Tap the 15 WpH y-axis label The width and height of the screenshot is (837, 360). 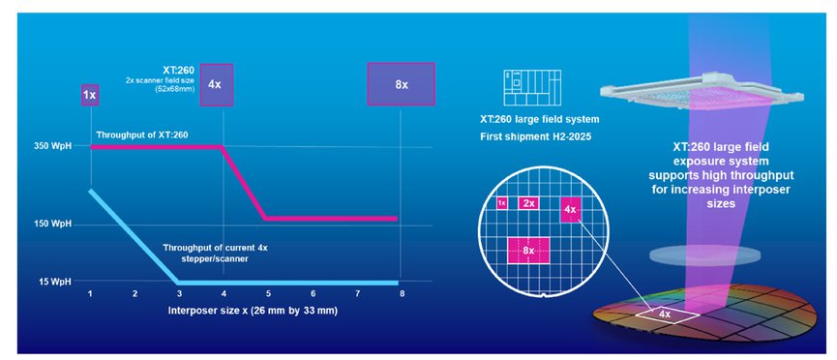coord(55,282)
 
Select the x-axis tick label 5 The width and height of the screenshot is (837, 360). coord(268,293)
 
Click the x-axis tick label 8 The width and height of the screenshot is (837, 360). coord(402,293)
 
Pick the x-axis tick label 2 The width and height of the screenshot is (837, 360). coord(135,293)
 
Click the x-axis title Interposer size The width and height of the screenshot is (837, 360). coord(253,310)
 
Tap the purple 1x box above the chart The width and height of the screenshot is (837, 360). coord(90,95)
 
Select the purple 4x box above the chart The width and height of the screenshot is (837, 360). coord(217,84)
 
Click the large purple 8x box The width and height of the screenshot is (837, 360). coord(401,84)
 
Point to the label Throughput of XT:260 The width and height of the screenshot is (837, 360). coord(142,135)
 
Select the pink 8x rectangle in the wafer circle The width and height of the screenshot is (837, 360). coord(528,250)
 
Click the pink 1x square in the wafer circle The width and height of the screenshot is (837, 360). coord(502,203)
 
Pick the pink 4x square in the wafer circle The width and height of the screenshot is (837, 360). coord(570,209)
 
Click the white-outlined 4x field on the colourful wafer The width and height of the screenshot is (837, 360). coord(667,315)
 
